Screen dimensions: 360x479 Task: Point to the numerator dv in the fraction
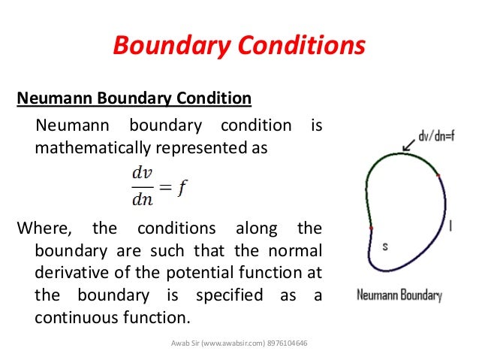pyautogui.click(x=142, y=174)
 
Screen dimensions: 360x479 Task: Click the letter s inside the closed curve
pyautogui.click(x=385, y=246)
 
